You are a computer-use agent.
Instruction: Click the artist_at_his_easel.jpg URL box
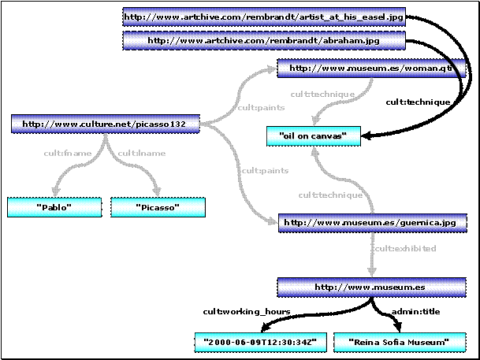click(x=264, y=16)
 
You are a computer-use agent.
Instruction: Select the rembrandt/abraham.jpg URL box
click(x=264, y=40)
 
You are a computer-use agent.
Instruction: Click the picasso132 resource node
click(x=104, y=124)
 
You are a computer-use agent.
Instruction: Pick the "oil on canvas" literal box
click(x=313, y=136)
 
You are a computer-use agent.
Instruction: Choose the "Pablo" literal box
click(x=54, y=207)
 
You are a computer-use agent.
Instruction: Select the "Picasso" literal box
click(x=158, y=207)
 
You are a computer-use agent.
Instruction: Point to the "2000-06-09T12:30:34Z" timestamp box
click(x=260, y=343)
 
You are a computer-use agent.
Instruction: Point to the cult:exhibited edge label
click(x=404, y=249)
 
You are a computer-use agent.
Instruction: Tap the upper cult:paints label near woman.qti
click(x=255, y=107)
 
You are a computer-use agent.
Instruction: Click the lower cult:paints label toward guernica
click(x=262, y=170)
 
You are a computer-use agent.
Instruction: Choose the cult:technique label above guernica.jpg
click(x=330, y=195)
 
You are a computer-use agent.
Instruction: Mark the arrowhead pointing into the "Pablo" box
click(x=54, y=191)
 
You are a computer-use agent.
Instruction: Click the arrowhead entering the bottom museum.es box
click(x=372, y=270)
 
